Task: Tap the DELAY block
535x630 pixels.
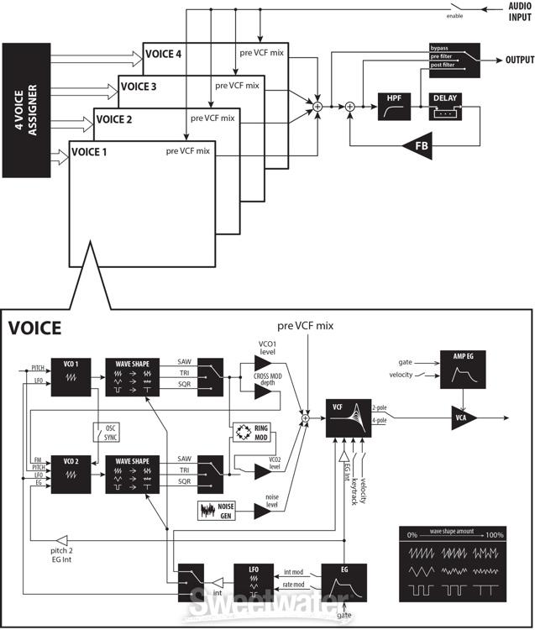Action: click(x=445, y=108)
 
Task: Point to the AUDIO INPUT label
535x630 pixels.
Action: click(x=514, y=12)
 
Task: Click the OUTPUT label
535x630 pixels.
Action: click(x=520, y=60)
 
